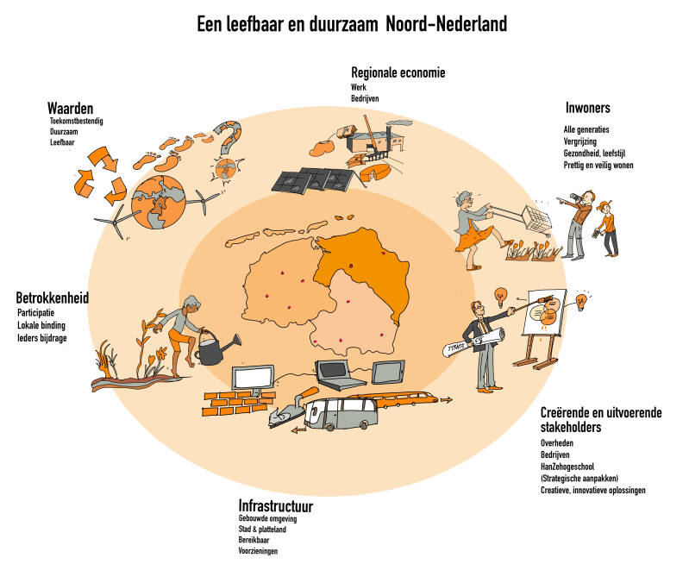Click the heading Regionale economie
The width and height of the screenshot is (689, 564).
(x=398, y=73)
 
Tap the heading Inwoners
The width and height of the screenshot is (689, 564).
(x=587, y=109)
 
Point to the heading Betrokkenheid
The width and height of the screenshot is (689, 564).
(x=53, y=298)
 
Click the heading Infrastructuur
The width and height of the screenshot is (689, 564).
(x=275, y=505)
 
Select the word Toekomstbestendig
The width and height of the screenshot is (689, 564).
(x=77, y=122)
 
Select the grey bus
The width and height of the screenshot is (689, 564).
(x=346, y=413)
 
